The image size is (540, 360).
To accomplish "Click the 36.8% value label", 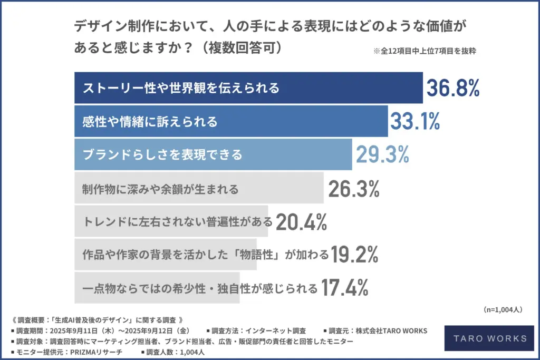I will point(453,88).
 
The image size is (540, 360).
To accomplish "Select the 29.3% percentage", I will point(382,154).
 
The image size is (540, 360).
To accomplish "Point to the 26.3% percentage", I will point(353,188).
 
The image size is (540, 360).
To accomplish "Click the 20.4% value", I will point(301,222).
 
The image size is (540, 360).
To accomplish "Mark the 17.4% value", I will point(344,288).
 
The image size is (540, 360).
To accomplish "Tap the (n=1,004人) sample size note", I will point(502,309).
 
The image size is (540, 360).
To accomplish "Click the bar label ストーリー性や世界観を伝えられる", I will point(181,88).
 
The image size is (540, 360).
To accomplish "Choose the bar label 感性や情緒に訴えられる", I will point(150,122).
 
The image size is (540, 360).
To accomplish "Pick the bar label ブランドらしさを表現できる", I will point(162,155).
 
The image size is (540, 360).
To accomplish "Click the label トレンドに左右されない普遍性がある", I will point(178,222).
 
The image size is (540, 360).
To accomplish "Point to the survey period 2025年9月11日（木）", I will point(89,330).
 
